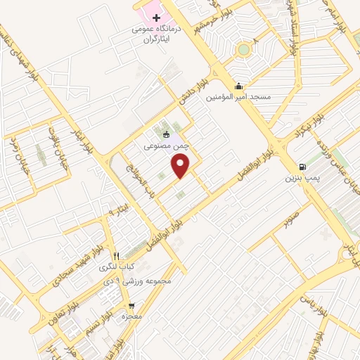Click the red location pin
[x=181, y=166]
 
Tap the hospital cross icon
[x=155, y=16]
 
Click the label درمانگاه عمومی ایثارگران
[x=156, y=35]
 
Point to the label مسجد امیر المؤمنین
[x=238, y=97]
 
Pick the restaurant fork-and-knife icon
[x=117, y=256]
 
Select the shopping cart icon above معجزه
[x=131, y=307]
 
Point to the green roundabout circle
[x=243, y=49]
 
